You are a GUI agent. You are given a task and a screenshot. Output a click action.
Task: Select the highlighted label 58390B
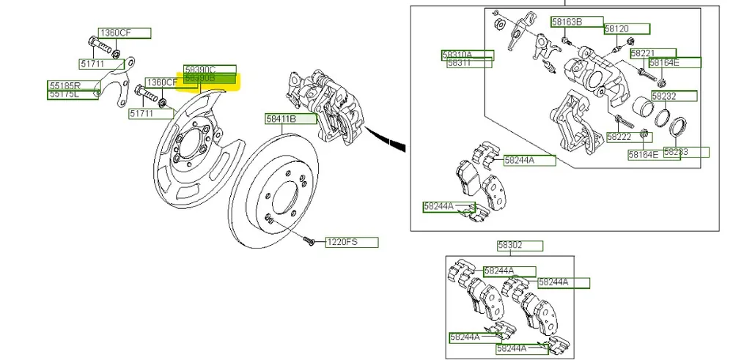click(x=210, y=78)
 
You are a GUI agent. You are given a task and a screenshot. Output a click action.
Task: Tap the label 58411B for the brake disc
click(x=291, y=119)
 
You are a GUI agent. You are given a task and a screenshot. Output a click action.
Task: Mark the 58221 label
click(x=652, y=54)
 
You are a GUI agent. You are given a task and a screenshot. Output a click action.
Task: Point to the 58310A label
click(x=467, y=54)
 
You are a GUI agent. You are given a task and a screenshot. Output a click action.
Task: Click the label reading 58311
click(x=467, y=64)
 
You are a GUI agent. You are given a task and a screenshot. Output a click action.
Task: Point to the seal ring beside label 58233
click(x=679, y=128)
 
